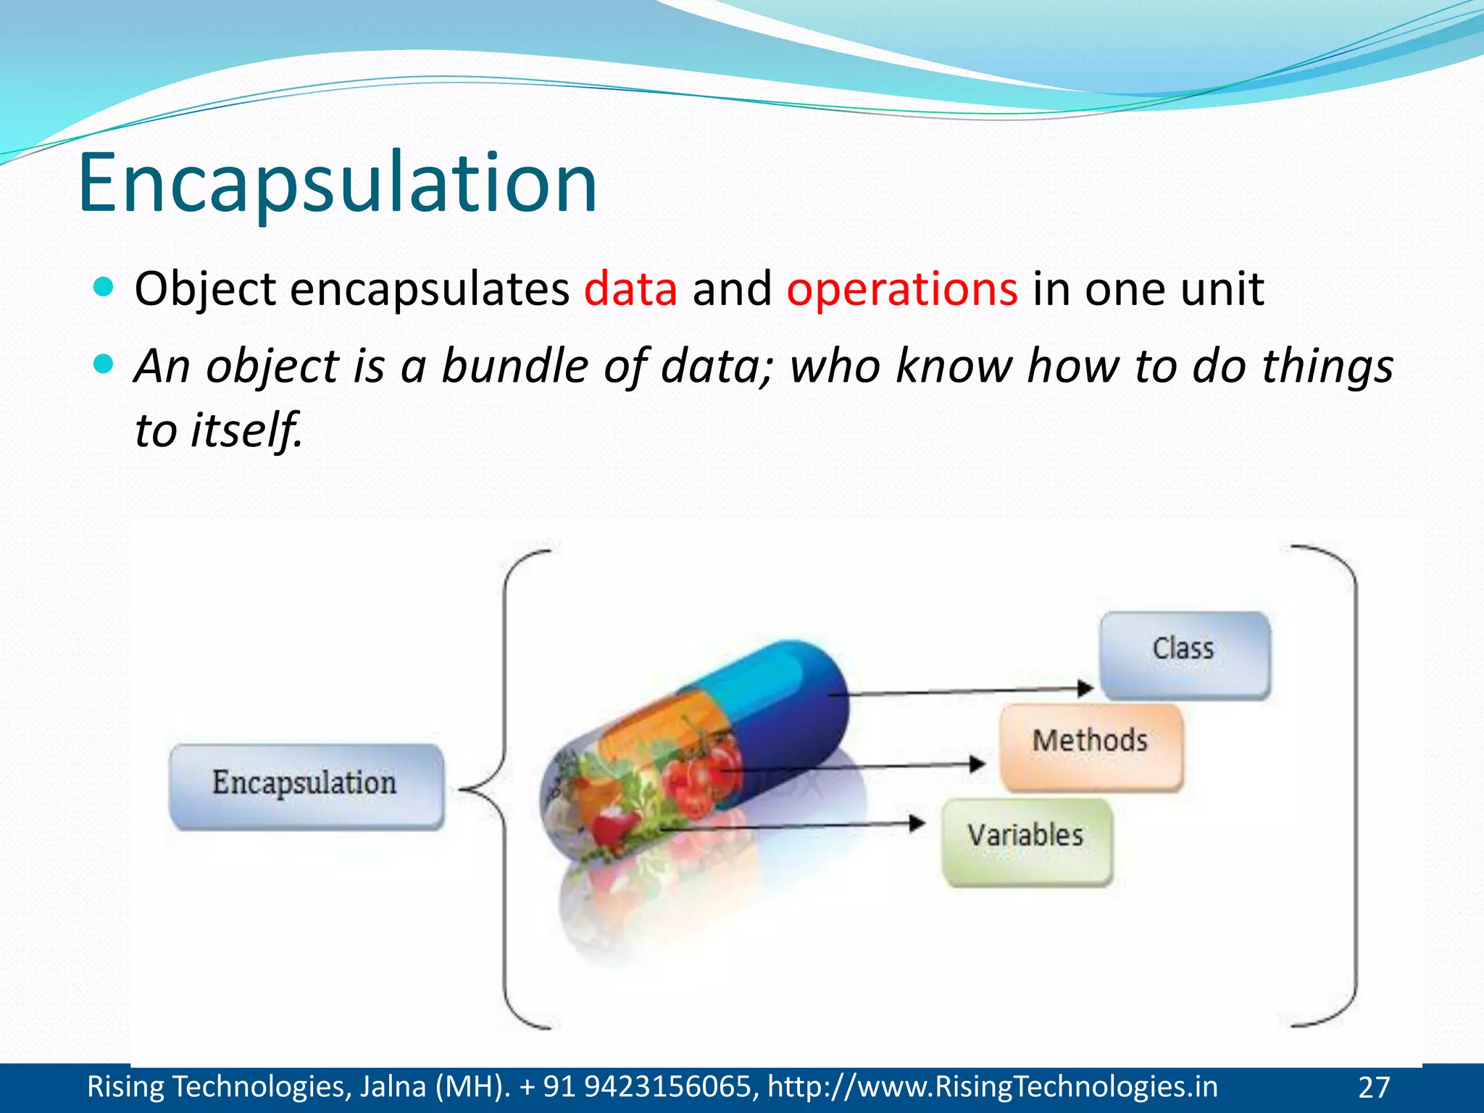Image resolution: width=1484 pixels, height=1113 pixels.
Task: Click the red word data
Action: coord(630,289)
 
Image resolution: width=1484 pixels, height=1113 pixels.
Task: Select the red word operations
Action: coord(902,289)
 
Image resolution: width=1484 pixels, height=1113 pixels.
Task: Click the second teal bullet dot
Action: coord(104,363)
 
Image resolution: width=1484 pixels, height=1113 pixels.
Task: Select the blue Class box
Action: coord(1184,654)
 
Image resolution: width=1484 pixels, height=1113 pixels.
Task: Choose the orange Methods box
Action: coord(1091,746)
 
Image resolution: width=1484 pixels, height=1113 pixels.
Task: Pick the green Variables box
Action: coord(1026,841)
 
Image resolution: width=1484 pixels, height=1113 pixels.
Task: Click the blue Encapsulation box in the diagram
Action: coord(306,785)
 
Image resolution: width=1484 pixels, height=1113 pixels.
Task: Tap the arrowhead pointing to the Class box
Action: coord(1085,688)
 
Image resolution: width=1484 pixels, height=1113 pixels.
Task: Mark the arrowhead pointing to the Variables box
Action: coord(917,822)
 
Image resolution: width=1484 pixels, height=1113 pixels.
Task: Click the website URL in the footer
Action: coord(992,1087)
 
